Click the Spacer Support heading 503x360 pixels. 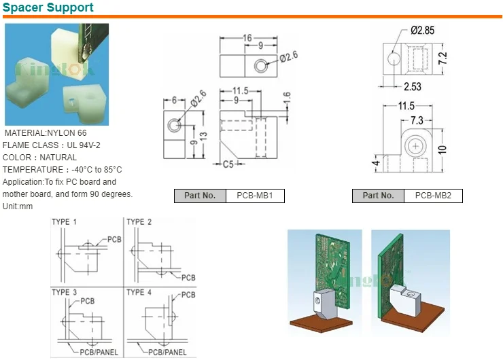[x=48, y=8]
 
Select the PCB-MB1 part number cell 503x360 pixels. [x=254, y=196]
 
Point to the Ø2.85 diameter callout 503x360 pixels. [x=423, y=31]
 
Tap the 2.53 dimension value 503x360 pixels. [x=413, y=86]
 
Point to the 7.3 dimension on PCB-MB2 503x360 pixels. [x=416, y=120]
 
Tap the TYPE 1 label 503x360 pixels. [x=65, y=222]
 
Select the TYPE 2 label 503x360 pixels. [x=139, y=222]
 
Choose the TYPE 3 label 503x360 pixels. [x=65, y=292]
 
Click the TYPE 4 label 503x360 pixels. [x=139, y=292]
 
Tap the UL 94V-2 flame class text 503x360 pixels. [x=83, y=145]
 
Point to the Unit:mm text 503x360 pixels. [x=18, y=206]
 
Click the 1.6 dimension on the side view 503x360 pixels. [x=287, y=98]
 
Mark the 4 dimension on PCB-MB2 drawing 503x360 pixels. [x=375, y=163]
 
